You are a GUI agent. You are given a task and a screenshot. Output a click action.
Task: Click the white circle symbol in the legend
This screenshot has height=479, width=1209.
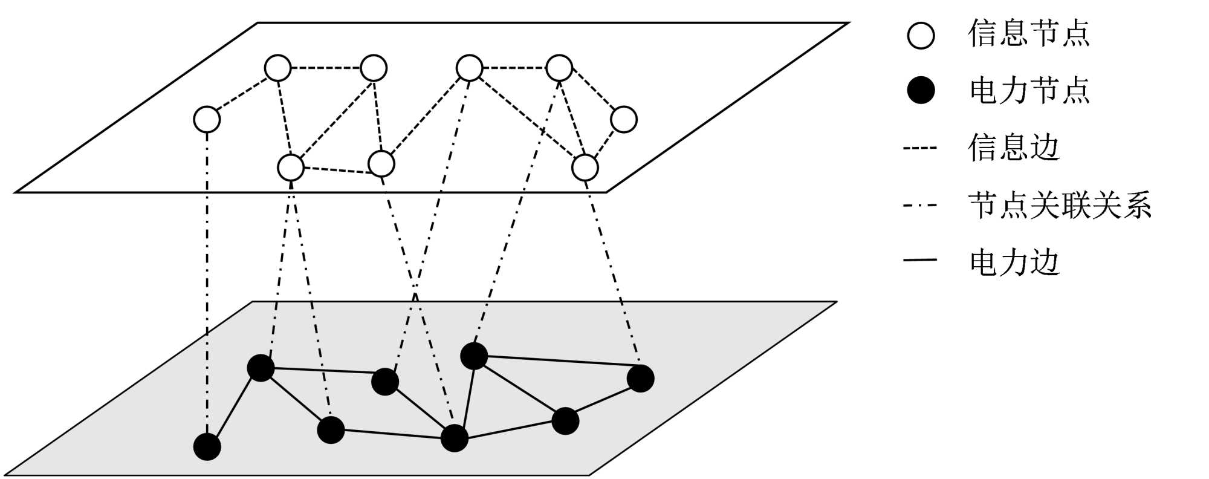tap(921, 35)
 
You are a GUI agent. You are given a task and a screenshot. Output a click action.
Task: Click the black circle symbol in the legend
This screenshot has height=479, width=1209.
tap(921, 91)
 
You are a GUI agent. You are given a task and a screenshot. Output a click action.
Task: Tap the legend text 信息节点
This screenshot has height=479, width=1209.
tap(1028, 33)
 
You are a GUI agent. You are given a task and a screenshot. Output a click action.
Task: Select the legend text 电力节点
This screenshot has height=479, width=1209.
tap(1029, 91)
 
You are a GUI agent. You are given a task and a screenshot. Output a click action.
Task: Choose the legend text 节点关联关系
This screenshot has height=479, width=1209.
tap(1060, 205)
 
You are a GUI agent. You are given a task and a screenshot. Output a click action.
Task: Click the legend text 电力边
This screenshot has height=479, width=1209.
tap(1014, 262)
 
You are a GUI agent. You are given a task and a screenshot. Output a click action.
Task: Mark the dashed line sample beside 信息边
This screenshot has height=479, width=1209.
tap(920, 148)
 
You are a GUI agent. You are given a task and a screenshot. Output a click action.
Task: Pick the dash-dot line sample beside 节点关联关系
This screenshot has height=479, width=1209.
tap(920, 206)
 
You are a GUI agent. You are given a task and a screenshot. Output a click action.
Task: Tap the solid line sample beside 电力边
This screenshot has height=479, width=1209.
tap(920, 260)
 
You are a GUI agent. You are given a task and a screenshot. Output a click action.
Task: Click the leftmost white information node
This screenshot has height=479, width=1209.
tap(207, 119)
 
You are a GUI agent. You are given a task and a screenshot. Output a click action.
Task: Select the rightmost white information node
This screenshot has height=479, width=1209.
tap(623, 119)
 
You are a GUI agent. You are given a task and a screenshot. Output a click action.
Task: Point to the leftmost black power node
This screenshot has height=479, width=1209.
tap(207, 446)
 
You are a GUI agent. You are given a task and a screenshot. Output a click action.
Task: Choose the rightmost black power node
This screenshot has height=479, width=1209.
tap(640, 379)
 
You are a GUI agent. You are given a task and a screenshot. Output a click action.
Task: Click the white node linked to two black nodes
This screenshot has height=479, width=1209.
tap(291, 167)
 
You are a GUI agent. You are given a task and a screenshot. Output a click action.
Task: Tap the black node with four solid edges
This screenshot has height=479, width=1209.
tap(454, 438)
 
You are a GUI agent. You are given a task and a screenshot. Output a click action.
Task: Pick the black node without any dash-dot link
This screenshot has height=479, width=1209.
tap(565, 421)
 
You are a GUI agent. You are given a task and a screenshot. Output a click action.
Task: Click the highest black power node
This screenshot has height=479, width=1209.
tap(474, 356)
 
